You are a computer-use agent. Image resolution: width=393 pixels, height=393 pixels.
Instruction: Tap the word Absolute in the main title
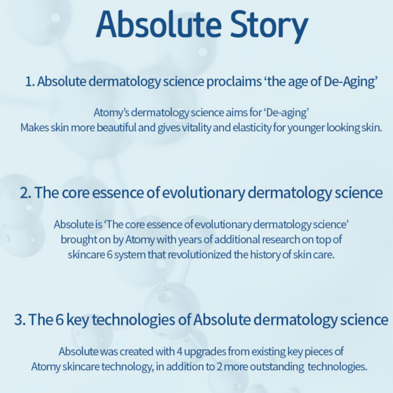tap(159, 24)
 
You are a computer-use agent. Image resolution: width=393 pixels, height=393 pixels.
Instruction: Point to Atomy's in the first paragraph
tap(112, 113)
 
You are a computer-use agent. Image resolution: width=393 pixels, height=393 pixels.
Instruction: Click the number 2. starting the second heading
tap(26, 193)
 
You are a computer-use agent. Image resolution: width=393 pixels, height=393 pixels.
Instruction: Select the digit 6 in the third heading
tap(59, 320)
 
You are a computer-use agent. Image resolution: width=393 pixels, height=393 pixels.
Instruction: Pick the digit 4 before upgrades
tap(179, 352)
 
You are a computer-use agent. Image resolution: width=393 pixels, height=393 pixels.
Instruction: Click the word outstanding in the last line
tap(277, 367)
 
